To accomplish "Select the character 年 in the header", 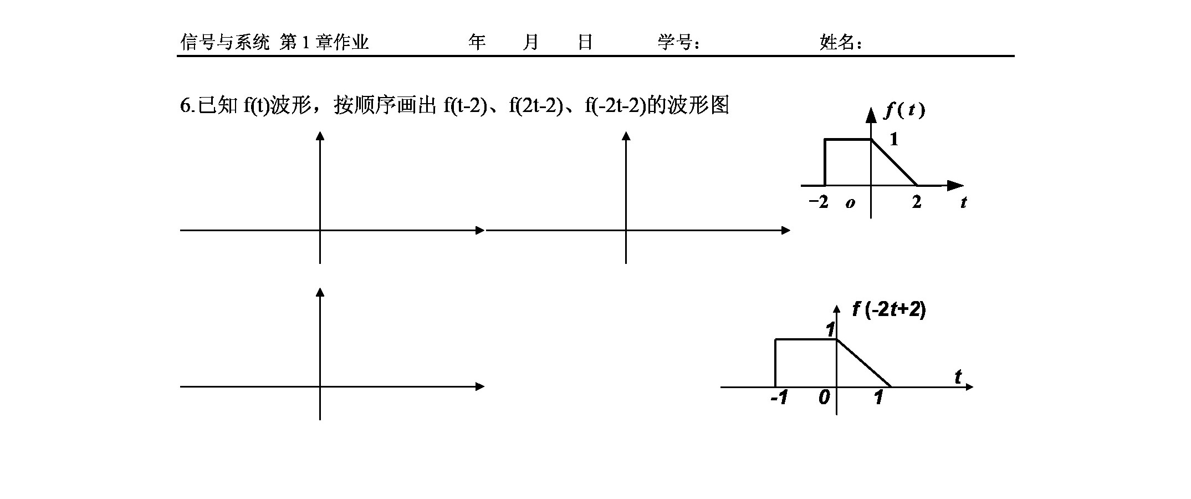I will [477, 42].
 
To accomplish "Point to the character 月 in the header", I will [530, 42].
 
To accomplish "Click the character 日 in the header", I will [585, 42].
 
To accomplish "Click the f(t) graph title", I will [904, 111].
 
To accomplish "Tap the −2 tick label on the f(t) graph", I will [818, 202].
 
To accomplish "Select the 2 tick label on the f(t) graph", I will [917, 202].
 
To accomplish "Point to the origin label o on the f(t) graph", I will [850, 203].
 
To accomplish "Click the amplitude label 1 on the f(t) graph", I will [893, 139].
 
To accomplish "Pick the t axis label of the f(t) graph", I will [964, 203].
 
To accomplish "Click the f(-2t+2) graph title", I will [889, 309].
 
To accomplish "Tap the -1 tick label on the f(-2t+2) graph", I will [779, 398].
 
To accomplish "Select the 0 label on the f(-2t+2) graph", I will [824, 398].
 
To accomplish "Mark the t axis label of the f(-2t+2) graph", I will [958, 377].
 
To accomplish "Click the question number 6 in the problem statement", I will [185, 105].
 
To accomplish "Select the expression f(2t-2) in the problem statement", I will [532, 105].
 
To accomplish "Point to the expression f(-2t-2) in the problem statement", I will [615, 105].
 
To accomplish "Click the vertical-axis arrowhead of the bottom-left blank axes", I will [320, 292].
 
